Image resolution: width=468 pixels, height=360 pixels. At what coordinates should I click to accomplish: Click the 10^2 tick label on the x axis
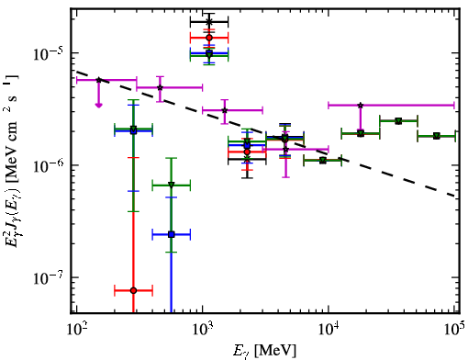point(77,329)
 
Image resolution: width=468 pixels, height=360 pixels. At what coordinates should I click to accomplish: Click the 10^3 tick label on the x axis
point(203,329)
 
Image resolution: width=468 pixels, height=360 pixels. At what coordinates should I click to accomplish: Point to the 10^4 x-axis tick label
point(329,329)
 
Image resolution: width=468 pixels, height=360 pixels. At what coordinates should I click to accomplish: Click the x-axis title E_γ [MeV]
point(264,351)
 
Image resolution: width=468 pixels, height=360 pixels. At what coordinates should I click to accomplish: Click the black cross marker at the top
point(209,22)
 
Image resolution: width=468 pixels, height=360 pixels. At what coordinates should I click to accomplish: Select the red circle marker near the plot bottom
point(133,290)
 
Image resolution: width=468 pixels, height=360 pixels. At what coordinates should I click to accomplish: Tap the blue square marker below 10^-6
point(172,235)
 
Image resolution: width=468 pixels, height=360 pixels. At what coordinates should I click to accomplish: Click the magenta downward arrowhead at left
point(98,106)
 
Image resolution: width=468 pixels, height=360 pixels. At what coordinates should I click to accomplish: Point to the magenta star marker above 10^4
point(361,106)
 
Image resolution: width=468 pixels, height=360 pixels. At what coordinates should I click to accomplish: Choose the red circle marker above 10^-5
point(209,38)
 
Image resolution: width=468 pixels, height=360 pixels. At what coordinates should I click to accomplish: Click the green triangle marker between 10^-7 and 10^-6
point(172,186)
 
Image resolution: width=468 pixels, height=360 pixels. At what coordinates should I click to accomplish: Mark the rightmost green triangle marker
point(437,136)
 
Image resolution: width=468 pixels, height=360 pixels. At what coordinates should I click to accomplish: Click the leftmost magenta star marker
point(98,80)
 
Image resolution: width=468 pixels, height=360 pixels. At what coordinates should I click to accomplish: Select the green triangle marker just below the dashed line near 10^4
point(323,161)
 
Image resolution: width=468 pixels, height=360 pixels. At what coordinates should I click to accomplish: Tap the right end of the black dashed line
point(456,196)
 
